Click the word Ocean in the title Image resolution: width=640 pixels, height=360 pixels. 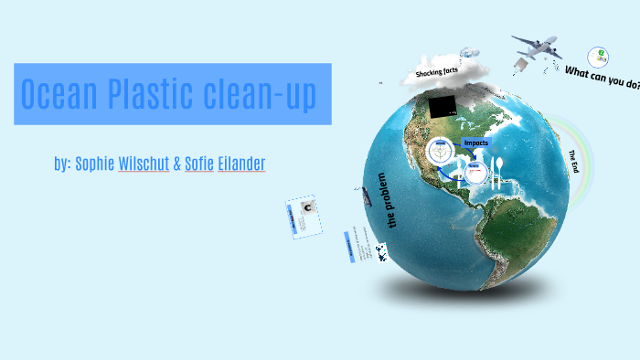coord(58,94)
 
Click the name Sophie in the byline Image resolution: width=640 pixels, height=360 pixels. coord(94,165)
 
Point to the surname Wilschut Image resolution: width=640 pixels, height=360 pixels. coord(144,165)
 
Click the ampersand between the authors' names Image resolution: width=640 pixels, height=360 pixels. coord(176,165)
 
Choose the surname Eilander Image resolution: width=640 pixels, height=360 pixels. coord(241,165)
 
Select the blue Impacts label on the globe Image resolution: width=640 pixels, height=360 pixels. coord(476,143)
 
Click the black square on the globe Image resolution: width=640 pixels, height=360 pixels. coord(445,106)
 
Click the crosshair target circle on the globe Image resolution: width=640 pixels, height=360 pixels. coord(439,154)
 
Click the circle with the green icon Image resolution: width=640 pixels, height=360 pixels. coord(598,57)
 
